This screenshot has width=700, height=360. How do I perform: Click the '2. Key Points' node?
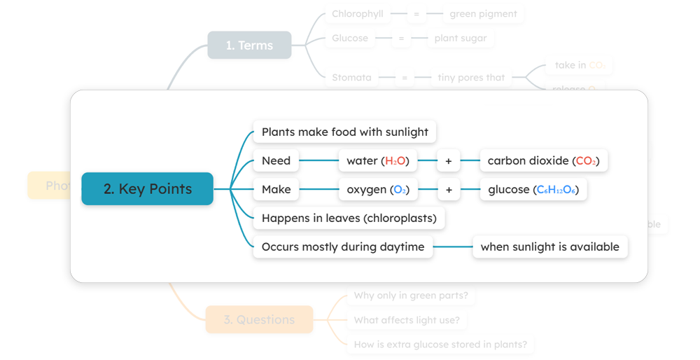pos(147,188)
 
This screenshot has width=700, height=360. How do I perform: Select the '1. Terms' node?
pos(249,45)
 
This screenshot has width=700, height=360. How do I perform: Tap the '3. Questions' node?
pos(259,319)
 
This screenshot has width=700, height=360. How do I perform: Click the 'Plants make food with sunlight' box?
pos(344,132)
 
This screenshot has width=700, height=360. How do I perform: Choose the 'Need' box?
pos(276,160)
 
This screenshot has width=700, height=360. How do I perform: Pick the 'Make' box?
pos(276,189)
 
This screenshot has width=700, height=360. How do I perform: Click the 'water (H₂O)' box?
pos(378,160)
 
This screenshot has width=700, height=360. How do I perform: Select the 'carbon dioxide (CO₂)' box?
pos(543,160)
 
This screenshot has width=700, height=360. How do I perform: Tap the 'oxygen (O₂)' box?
pos(378,189)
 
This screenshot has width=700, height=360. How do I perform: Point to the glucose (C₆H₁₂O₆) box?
pos(533,189)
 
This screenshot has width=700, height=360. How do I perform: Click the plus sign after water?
pos(449,160)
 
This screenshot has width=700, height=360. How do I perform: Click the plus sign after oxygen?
pos(449,189)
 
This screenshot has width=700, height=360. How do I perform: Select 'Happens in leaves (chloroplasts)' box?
pos(349,218)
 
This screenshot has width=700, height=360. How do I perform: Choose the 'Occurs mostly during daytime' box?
pos(343,247)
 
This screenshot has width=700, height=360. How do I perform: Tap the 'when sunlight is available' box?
pos(549,247)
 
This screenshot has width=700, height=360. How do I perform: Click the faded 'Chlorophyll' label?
pos(357,13)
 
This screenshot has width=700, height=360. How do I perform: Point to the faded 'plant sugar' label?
pos(461,38)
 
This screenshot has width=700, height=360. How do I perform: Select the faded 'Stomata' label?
pos(351,77)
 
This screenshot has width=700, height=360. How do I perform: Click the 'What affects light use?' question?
pos(407,320)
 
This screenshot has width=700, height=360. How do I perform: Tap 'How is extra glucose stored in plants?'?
pos(440,344)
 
